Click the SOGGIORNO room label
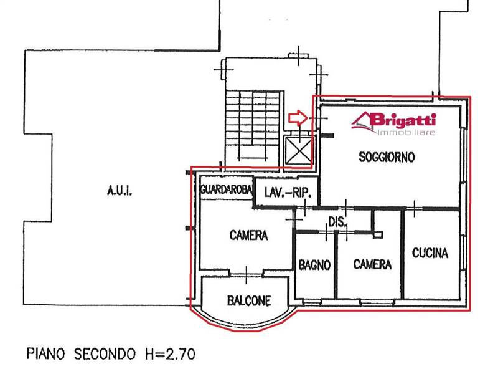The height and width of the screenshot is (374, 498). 387,157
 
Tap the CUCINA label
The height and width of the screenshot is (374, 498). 430,253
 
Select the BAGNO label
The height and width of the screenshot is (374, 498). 315,264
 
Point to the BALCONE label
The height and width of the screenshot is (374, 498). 249,300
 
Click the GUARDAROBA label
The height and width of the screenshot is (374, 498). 227,189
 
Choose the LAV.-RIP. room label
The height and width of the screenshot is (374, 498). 288,193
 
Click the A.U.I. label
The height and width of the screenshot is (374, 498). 120,191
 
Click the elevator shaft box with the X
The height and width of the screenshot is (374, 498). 298,151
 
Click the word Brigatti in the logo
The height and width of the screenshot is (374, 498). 403,120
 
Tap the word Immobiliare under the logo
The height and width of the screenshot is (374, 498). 407,132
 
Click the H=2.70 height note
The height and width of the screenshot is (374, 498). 170,353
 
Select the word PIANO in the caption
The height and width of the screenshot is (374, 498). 45,353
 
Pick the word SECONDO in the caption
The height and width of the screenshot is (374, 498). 105,353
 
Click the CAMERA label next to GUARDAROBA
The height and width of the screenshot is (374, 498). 248,235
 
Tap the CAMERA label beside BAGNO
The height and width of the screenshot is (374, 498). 372,264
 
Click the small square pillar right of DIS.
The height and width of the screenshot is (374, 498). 378,235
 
